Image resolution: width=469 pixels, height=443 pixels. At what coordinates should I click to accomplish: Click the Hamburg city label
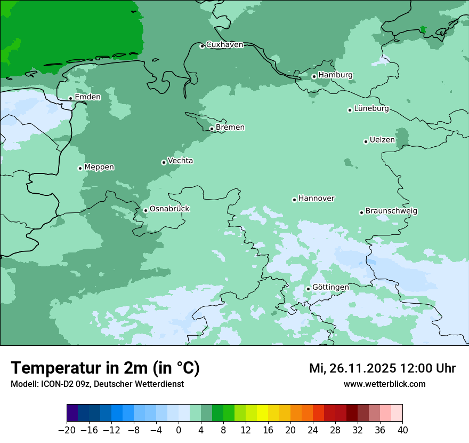tap(335, 75)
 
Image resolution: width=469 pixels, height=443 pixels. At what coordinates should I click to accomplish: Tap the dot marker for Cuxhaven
tap(202, 46)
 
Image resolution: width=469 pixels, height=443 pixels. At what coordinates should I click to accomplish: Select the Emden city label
tap(87, 97)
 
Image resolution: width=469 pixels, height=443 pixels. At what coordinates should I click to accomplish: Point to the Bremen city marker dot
tap(212, 129)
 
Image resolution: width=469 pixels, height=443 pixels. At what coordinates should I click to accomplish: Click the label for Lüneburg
tap(371, 109)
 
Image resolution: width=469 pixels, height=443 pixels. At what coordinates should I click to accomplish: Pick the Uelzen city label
tap(382, 140)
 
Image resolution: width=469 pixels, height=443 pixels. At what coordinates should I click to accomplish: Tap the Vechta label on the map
tap(180, 161)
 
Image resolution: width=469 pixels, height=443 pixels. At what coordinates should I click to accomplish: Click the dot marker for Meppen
tap(80, 168)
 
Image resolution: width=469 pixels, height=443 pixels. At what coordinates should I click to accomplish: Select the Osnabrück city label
tap(169, 209)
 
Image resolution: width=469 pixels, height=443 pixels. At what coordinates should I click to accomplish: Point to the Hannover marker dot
tap(294, 200)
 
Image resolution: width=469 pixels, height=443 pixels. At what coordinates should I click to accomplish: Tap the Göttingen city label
tap(330, 288)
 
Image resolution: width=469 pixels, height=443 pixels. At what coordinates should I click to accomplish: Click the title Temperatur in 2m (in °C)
tap(105, 368)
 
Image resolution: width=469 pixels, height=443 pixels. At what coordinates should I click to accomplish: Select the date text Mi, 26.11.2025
tap(352, 368)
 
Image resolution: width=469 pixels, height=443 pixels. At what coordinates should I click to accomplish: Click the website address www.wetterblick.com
tap(384, 384)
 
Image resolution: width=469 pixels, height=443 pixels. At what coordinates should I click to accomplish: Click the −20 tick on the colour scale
tap(67, 430)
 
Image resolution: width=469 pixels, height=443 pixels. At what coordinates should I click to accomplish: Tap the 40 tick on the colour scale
tap(402, 430)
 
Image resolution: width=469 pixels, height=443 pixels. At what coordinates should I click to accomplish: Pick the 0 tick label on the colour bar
tap(179, 430)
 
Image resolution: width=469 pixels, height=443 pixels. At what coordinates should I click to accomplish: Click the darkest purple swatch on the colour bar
tap(72, 413)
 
